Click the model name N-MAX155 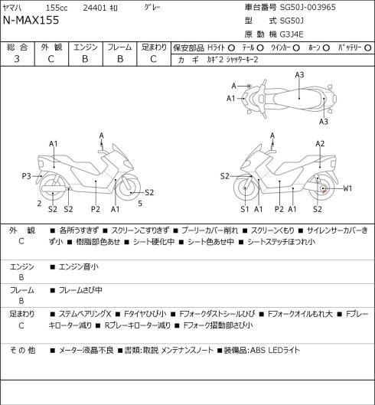coord(31,20)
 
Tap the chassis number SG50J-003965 coord(308,7)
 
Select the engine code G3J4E coord(292,34)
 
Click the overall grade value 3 coord(17,59)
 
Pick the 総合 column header coord(17,47)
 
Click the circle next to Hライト coord(231,47)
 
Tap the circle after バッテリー coord(368,47)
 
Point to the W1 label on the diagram coord(347,188)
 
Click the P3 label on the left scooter coord(26,176)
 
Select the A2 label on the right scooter coord(320,144)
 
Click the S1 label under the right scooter coord(245,209)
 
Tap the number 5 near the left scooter coord(140,204)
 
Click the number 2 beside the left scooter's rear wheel coord(39,204)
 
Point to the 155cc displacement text coord(57,8)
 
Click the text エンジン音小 coord(79,266)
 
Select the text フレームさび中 coord(80,290)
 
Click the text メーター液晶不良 coord(86,351)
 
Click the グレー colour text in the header coord(152,8)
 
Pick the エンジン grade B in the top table coord(85,59)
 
